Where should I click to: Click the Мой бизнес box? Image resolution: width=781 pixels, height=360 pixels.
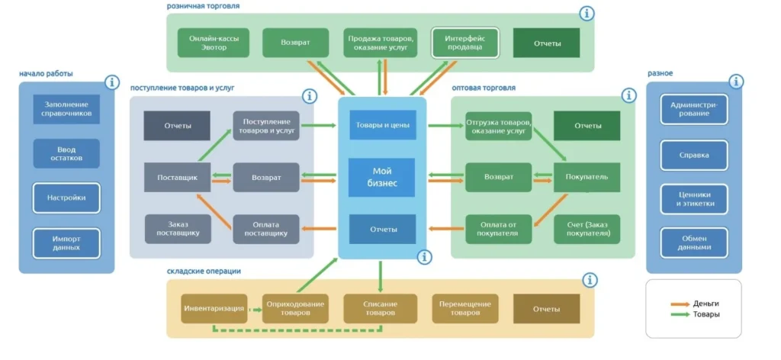click(x=382, y=177)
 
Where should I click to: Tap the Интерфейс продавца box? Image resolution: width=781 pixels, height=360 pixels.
click(x=464, y=43)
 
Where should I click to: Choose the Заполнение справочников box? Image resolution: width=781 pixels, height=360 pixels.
click(x=66, y=109)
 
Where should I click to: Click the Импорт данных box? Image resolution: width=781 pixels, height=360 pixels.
click(x=66, y=243)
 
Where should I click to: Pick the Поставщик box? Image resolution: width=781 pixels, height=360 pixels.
click(x=177, y=177)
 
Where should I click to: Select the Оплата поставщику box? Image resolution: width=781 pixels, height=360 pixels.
click(x=266, y=229)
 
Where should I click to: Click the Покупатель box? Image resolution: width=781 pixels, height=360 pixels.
click(x=587, y=177)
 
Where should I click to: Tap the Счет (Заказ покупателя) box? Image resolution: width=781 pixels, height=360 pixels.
click(x=587, y=229)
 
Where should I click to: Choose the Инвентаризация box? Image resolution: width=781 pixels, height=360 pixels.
click(x=214, y=309)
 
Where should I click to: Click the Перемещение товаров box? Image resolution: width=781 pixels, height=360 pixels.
click(x=465, y=309)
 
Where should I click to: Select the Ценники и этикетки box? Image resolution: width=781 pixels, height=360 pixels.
click(x=694, y=199)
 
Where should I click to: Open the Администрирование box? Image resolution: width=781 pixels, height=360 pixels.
click(x=694, y=109)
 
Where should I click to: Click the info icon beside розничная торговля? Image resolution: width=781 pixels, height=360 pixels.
click(x=587, y=14)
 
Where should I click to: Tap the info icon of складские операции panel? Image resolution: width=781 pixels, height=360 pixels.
click(x=590, y=280)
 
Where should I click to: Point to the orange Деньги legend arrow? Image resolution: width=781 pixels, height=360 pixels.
click(x=680, y=304)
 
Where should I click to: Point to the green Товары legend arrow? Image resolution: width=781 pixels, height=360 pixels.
click(x=680, y=314)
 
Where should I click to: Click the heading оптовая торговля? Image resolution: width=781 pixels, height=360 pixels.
click(x=483, y=88)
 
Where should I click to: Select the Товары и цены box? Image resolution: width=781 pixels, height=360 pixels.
click(x=382, y=125)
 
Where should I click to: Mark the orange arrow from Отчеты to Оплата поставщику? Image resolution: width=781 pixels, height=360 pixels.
click(x=320, y=229)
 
